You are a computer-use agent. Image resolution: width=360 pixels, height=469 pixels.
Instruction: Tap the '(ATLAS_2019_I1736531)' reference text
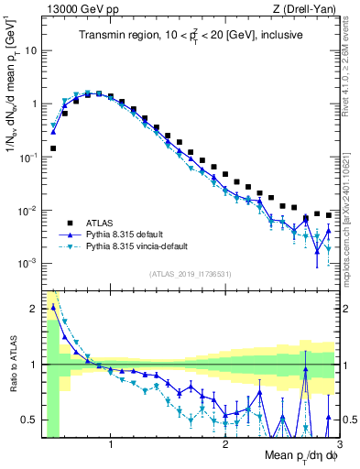pyautogui.click(x=189, y=273)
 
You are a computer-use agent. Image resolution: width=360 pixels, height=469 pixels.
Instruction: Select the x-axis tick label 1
pyautogui.click(x=111, y=444)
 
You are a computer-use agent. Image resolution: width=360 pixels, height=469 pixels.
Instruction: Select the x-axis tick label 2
pyautogui.click(x=225, y=444)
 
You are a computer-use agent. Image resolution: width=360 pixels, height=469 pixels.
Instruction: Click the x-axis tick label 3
pyautogui.click(x=338, y=444)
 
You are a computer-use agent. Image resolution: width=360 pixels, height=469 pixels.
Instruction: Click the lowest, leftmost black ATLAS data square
pyautogui.click(x=53, y=147)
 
